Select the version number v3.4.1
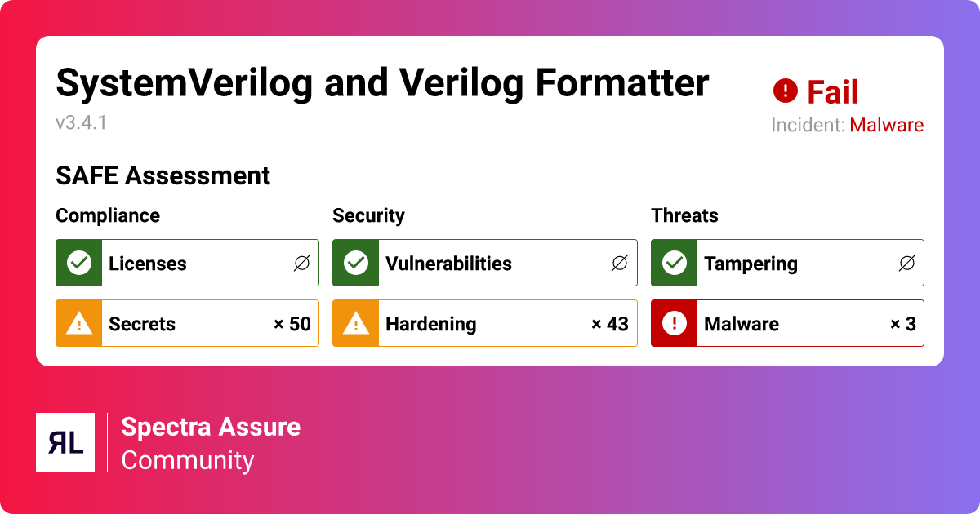82,123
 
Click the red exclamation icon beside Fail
785,91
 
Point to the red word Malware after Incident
887,125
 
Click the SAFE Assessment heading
163,175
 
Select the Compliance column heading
108,215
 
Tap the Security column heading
368,215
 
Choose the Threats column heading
684,215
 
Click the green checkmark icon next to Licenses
78,263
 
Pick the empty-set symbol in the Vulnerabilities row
619,263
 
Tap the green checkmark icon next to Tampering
674,263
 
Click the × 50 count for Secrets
292,324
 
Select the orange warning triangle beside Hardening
355,324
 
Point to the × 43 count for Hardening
609,324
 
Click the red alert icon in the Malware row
674,324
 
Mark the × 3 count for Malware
902,324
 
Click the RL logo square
65,442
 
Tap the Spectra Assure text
211,427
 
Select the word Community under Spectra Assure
188,460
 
